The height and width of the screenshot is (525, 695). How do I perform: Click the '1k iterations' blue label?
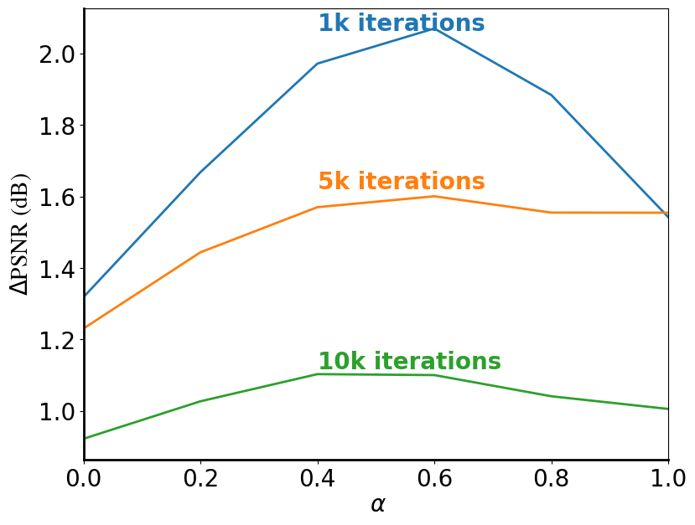coord(401,23)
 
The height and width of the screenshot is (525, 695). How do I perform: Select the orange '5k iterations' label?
coord(401,182)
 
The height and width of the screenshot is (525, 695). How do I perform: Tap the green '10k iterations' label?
coord(409,362)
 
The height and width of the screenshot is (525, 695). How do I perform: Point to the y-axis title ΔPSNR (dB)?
coord(19,234)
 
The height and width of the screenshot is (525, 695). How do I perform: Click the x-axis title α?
coord(377,505)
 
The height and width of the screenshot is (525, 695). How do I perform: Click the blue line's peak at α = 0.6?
coord(434,28)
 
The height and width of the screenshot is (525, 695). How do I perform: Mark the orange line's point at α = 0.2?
coord(200,252)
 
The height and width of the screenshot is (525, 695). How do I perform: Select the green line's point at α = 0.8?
coord(551,396)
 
